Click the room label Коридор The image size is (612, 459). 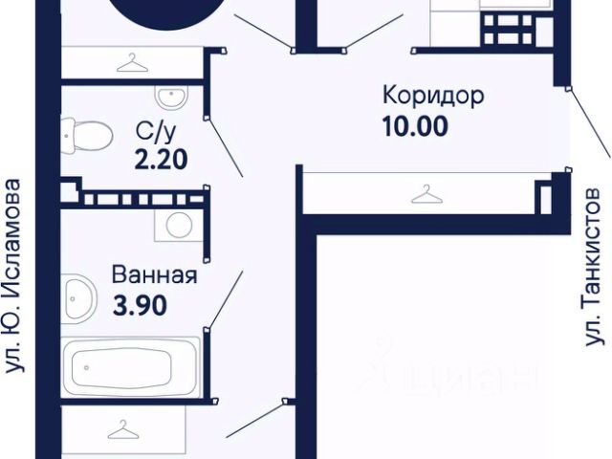point(433,97)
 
